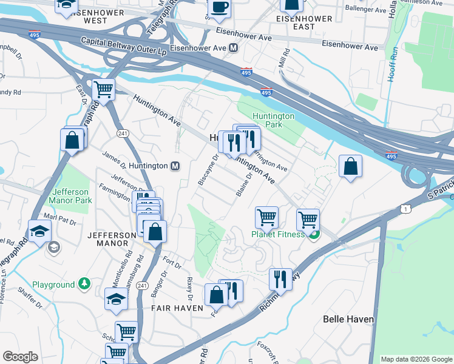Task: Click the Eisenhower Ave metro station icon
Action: click(x=233, y=47)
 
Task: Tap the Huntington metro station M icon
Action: click(x=175, y=166)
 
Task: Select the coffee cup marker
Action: click(x=219, y=8)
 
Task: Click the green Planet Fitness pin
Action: click(x=313, y=235)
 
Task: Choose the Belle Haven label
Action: click(x=348, y=318)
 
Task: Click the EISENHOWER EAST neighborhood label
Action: click(x=304, y=22)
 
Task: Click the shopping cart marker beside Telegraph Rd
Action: click(x=104, y=90)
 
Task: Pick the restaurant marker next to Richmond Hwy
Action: click(x=280, y=279)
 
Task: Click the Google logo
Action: click(x=20, y=357)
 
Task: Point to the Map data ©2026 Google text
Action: click(x=416, y=359)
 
